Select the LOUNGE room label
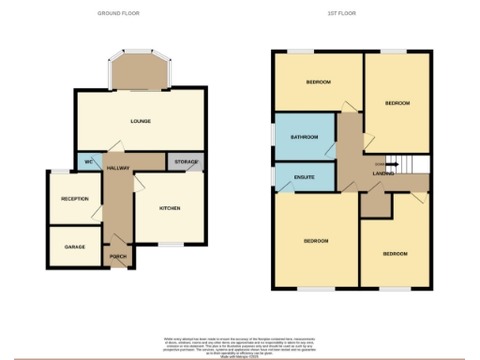point(140,121)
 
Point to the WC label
point(88,162)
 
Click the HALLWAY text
point(117,167)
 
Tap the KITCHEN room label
point(169,208)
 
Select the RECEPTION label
point(75,199)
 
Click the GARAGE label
point(75,247)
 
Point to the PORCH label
point(118,257)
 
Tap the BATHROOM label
point(304,138)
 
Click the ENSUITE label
point(303,175)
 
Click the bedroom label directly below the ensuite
point(315,241)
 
